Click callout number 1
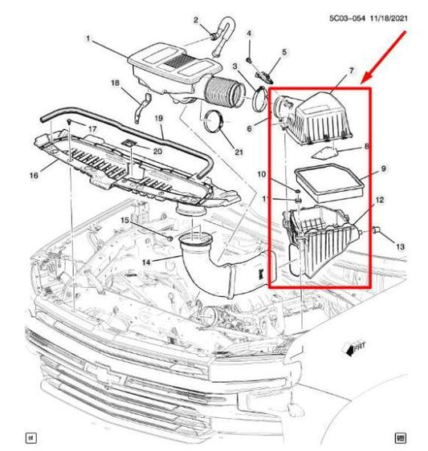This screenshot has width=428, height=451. coord(89,38)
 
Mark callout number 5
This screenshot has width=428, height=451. coord(284,52)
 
